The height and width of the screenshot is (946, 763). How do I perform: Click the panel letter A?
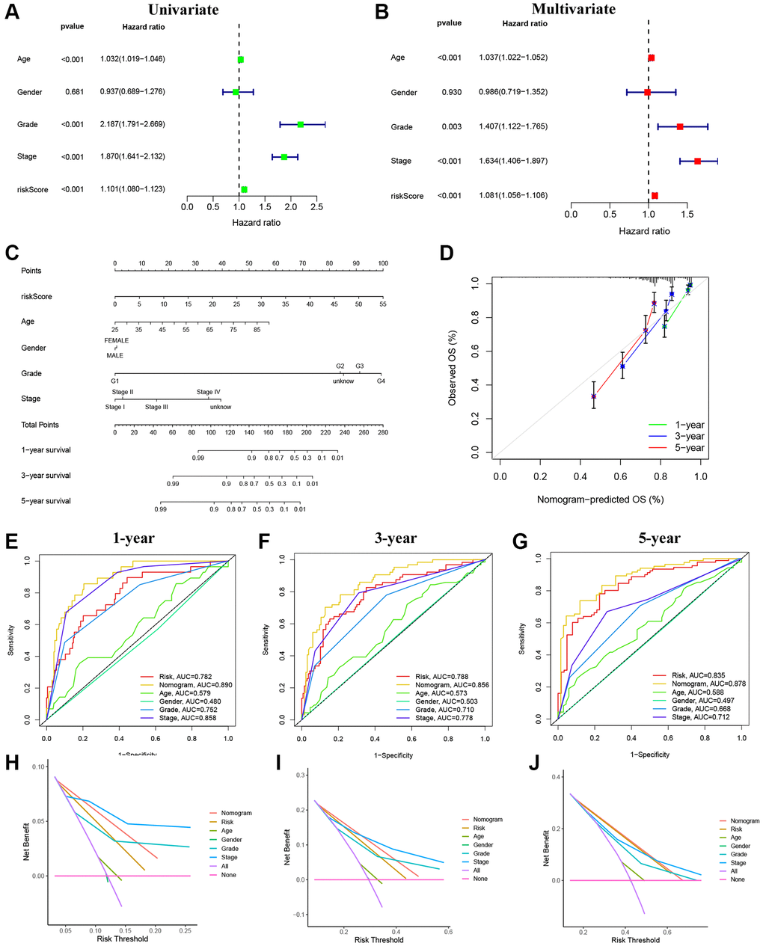click(13, 12)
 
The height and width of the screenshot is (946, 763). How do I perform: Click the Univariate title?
click(183, 10)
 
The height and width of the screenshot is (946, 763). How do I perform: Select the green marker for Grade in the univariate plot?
click(301, 124)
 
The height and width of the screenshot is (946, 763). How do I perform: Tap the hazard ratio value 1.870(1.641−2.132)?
click(132, 156)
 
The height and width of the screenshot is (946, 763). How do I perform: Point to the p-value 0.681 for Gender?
click(72, 92)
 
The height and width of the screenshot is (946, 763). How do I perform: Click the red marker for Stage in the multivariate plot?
click(697, 161)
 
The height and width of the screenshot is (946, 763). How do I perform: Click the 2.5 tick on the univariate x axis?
click(316, 206)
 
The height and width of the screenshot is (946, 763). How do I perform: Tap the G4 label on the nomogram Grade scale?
click(380, 381)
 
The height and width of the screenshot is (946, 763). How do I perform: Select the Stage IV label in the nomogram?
click(208, 392)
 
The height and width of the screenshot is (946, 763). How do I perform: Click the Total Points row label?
click(40, 425)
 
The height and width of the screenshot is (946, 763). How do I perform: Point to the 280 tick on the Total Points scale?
click(383, 432)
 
